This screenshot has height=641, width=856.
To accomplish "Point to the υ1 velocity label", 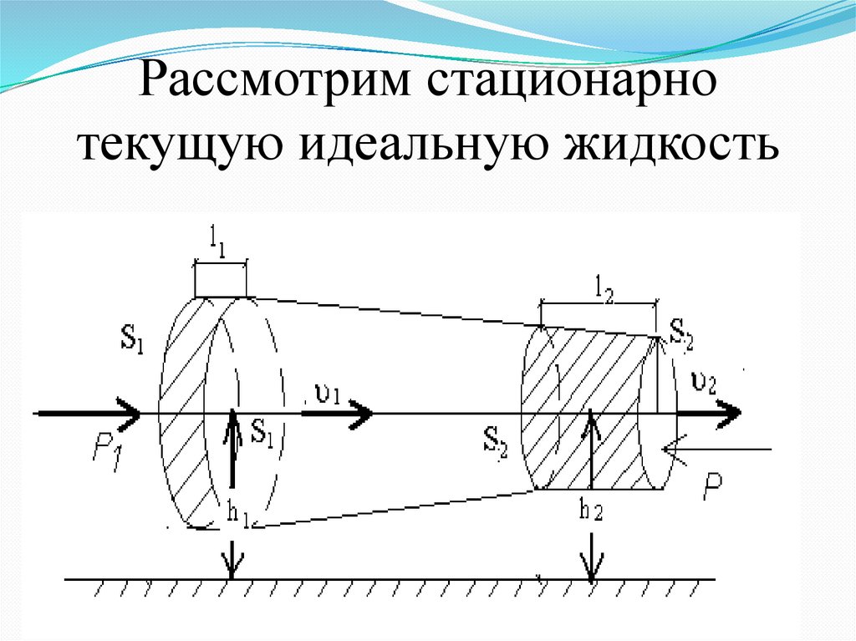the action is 326,393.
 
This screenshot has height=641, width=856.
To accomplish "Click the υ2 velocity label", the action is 704,384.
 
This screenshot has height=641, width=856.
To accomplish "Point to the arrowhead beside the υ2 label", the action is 729,412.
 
